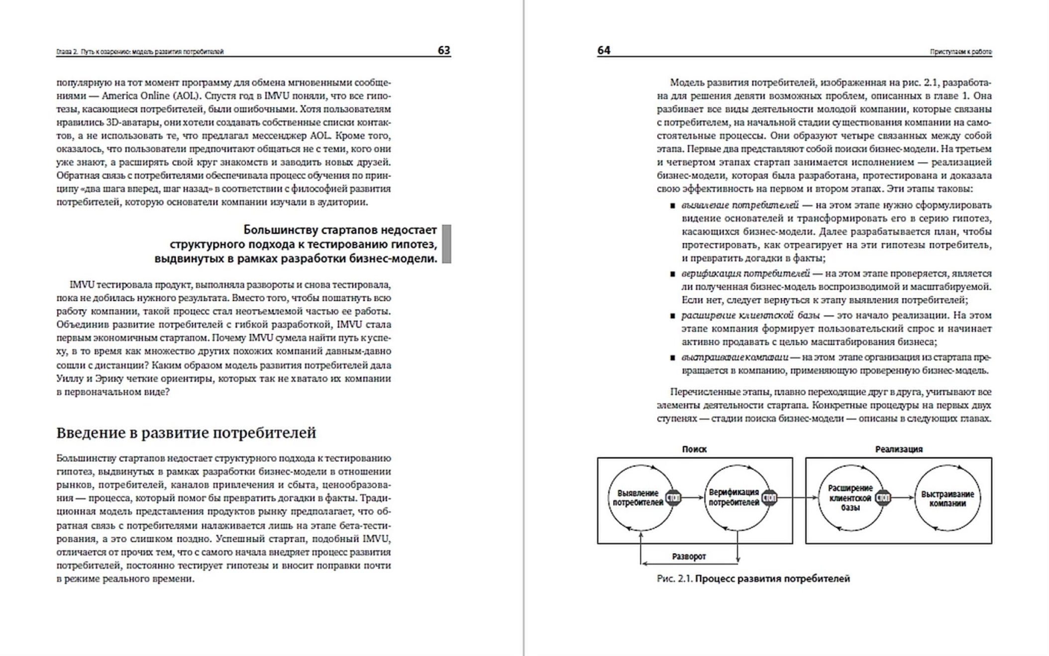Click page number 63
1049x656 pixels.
(x=443, y=50)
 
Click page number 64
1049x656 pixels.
(x=604, y=50)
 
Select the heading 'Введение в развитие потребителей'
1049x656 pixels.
(x=186, y=433)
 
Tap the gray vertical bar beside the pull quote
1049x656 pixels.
(x=446, y=244)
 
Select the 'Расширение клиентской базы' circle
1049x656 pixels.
(x=850, y=498)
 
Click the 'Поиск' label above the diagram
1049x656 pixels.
(x=694, y=449)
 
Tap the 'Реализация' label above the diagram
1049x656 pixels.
(x=899, y=449)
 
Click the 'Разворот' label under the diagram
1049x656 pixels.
(x=689, y=557)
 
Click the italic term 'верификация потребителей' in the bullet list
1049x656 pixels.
(x=745, y=274)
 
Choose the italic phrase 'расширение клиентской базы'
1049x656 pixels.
(x=750, y=315)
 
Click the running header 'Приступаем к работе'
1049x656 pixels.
(x=960, y=52)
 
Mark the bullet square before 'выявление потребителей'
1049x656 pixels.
(x=673, y=205)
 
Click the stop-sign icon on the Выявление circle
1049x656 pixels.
(x=673, y=497)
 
